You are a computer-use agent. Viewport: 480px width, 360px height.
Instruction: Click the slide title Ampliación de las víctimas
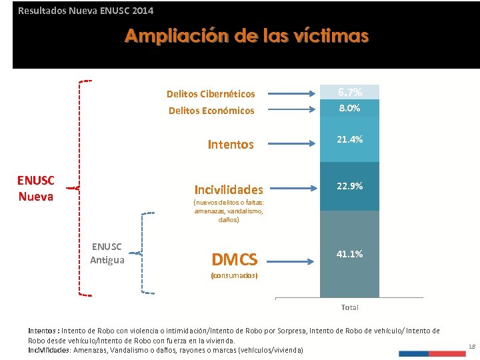(246, 36)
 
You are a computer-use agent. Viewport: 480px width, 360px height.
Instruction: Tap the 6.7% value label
(349, 92)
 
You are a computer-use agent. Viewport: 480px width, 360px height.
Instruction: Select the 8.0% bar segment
(349, 108)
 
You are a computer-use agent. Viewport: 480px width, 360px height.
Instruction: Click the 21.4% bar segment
(349, 139)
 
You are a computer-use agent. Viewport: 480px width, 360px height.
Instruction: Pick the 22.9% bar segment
(349, 187)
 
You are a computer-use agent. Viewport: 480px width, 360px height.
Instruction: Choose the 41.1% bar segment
(349, 254)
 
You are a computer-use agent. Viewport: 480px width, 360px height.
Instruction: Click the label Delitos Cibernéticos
(211, 94)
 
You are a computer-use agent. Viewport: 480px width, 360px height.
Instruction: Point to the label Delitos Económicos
(211, 111)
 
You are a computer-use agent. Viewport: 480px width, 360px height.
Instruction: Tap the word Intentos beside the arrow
(231, 144)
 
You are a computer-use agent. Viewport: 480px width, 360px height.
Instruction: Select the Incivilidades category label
(228, 189)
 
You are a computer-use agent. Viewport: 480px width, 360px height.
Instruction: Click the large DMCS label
(234, 259)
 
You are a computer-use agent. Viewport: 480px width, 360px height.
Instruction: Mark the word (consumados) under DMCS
(234, 275)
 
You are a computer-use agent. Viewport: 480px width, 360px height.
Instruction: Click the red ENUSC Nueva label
(36, 188)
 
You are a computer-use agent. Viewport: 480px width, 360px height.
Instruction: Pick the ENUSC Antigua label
(107, 253)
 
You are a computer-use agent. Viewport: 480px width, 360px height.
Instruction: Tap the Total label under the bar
(349, 307)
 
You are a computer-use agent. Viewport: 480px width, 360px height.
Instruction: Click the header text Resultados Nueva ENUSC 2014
(85, 11)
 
